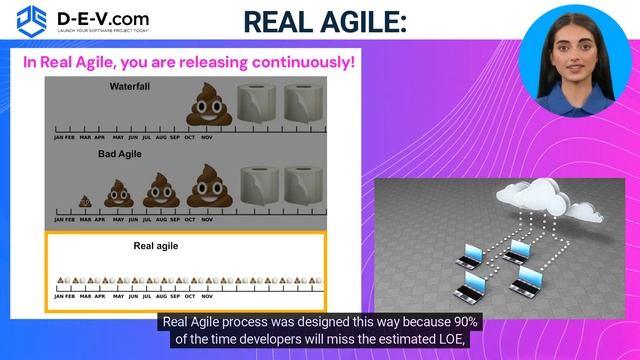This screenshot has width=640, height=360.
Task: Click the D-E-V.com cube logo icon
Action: (x=33, y=19)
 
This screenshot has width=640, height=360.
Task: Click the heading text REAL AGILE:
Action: (x=326, y=22)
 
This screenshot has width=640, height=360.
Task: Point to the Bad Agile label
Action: (x=120, y=155)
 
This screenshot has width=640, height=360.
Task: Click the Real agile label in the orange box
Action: (x=156, y=245)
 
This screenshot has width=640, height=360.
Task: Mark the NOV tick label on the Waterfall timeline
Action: (x=207, y=138)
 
